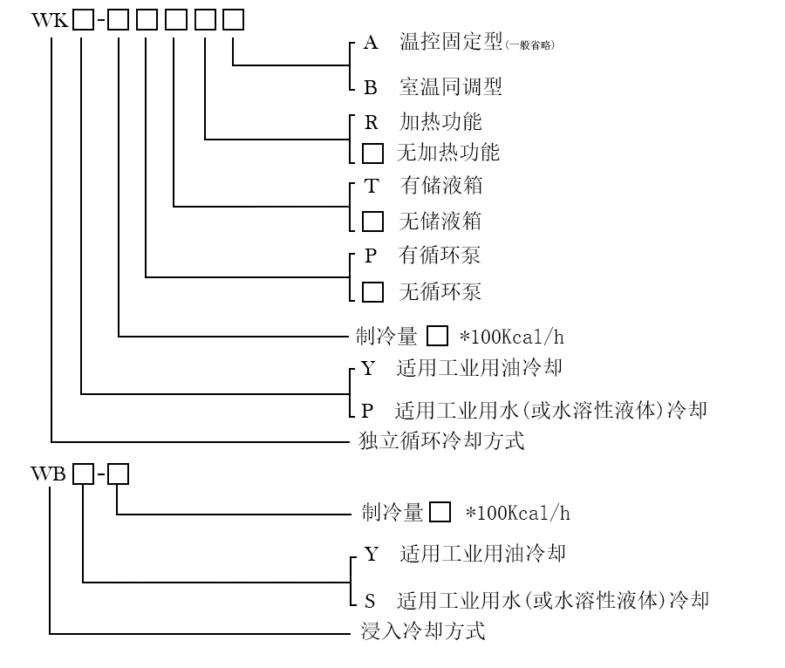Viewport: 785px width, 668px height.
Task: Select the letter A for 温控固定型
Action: [x=370, y=44]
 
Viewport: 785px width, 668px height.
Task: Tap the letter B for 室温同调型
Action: [x=370, y=87]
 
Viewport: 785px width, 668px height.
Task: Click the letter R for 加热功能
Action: [x=371, y=121]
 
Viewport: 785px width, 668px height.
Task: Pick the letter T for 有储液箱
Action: [x=372, y=186]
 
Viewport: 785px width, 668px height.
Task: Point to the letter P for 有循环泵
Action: [x=371, y=256]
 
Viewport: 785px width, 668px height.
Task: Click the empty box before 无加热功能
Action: [x=372, y=153]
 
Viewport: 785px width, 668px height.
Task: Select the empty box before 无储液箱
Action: [x=372, y=221]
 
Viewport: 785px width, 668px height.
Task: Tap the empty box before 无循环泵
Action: [x=372, y=291]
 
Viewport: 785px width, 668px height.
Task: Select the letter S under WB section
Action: [x=370, y=600]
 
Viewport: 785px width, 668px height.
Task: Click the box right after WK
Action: [x=83, y=18]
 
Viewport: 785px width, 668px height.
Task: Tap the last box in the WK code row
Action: [x=233, y=18]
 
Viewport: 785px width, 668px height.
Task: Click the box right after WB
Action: [x=83, y=474]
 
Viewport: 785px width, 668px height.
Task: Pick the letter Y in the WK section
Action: [x=368, y=369]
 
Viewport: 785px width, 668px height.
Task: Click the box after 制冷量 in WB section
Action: [x=440, y=512]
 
